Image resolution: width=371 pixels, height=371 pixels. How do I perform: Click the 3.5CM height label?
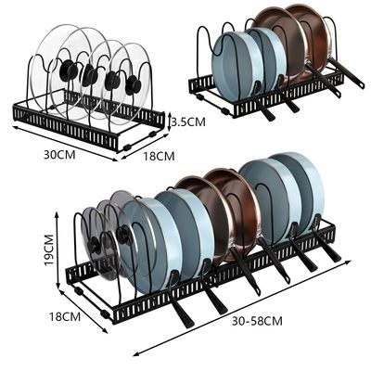click(188, 122)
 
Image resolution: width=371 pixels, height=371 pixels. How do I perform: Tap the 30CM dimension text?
click(59, 155)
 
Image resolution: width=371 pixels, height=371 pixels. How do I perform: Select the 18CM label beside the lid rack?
click(159, 156)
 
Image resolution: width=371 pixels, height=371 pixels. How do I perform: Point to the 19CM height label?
click(49, 249)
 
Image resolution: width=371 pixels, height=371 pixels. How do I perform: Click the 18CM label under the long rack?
click(65, 316)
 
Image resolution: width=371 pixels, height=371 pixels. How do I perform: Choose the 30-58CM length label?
click(257, 321)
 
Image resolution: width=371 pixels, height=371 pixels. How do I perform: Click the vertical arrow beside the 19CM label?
click(57, 250)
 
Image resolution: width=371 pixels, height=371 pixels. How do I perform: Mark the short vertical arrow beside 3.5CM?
click(169, 122)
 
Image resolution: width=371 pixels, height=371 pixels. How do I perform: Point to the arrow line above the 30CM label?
click(65, 144)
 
